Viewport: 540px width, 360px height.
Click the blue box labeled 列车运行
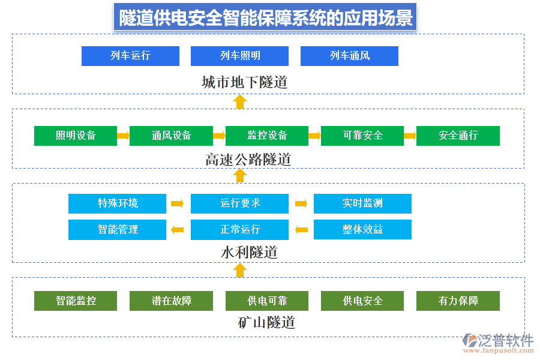(x=130, y=56)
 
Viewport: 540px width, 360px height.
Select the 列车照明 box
(x=240, y=56)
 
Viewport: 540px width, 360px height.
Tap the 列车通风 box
(x=349, y=56)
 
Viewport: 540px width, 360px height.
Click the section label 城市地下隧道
(x=244, y=82)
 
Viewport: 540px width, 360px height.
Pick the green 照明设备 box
(x=76, y=136)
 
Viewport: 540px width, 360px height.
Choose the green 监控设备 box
(x=267, y=136)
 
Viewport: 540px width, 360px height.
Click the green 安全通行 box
(x=458, y=136)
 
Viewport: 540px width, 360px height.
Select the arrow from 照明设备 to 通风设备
(x=123, y=136)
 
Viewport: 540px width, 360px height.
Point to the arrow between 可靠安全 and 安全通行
(x=410, y=136)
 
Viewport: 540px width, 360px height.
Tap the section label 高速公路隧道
(x=248, y=160)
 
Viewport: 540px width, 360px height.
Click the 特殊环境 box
(x=118, y=203)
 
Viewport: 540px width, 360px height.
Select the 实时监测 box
(x=362, y=203)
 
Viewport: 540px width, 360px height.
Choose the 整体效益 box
(x=362, y=229)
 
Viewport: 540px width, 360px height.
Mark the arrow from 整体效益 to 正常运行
(x=301, y=229)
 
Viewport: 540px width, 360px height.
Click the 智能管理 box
(x=118, y=229)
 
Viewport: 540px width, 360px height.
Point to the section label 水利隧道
(x=249, y=253)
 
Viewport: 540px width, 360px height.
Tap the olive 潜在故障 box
(x=171, y=301)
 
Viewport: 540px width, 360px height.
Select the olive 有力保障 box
(x=458, y=301)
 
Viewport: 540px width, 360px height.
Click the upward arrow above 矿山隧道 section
(x=240, y=270)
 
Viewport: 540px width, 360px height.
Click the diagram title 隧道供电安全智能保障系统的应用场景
(x=266, y=18)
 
